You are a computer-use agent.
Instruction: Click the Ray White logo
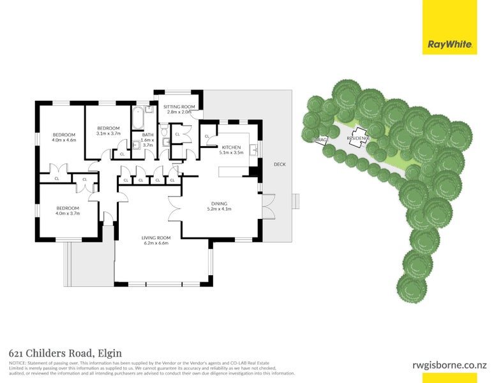449,45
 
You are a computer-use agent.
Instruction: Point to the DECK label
280,164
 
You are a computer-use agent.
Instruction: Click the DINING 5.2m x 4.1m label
220,206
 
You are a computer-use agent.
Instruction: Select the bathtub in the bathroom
137,117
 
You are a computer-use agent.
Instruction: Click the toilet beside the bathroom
164,142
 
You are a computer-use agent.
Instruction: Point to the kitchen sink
255,150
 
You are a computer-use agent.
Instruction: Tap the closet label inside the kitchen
207,137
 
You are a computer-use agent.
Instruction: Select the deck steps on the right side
295,202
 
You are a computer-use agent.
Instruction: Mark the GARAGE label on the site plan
320,139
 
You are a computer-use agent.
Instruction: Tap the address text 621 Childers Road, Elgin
65,353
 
